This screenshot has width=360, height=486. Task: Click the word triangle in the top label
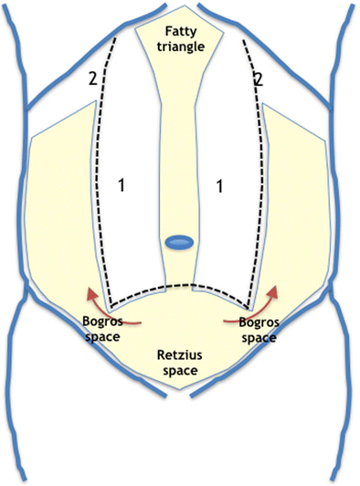tap(180, 45)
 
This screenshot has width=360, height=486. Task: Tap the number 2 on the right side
tap(259, 79)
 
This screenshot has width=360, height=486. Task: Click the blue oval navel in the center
tap(180, 242)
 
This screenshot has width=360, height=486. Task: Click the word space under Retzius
tap(181, 371)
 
